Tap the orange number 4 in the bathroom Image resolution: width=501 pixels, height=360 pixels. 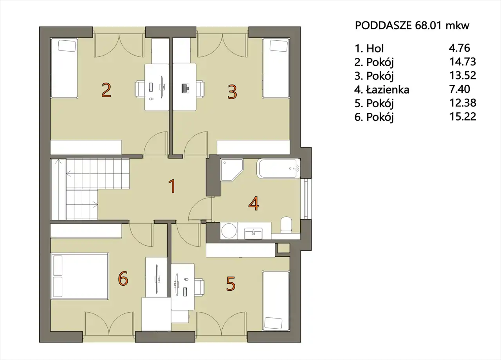click(x=254, y=203)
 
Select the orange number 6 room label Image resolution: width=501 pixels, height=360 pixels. click(x=123, y=278)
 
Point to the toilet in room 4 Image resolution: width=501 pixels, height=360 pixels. click(x=286, y=225)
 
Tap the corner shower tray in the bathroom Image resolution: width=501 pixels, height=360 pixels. click(x=232, y=170)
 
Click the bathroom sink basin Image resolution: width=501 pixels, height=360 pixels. click(x=253, y=233)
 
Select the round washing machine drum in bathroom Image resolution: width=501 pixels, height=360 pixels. click(x=229, y=231)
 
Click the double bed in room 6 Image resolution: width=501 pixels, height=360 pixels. click(x=80, y=276)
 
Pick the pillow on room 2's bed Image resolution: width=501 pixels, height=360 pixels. click(x=67, y=46)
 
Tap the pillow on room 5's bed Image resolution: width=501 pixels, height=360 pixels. click(x=273, y=324)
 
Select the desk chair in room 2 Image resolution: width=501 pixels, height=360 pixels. click(x=140, y=89)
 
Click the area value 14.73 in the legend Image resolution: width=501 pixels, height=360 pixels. click(x=463, y=62)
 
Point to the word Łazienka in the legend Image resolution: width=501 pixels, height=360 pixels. click(x=387, y=90)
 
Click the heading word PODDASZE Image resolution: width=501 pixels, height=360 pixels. click(x=383, y=25)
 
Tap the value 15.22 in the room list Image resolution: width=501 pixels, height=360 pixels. click(x=463, y=117)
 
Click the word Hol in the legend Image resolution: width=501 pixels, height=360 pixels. click(x=375, y=48)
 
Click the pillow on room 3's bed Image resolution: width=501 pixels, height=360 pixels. click(x=278, y=45)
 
